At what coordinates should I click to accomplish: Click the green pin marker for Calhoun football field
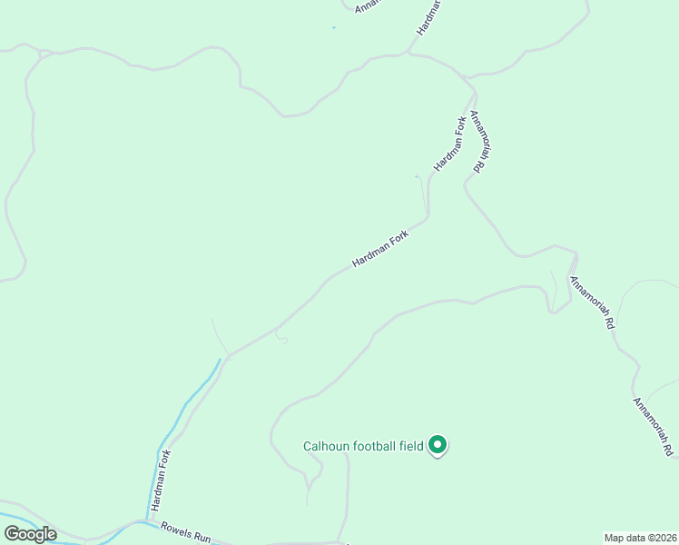pos(438,444)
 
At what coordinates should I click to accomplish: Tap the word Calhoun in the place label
pos(324,446)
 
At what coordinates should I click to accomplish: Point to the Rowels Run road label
pos(186,532)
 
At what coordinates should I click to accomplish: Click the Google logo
pos(30,533)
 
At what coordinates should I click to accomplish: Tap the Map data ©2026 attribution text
pos(640,537)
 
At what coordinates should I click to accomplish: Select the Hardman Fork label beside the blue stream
pos(160,481)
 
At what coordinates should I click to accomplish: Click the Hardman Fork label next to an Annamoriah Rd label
pos(449,144)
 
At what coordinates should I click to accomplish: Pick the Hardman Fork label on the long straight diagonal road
pos(381,248)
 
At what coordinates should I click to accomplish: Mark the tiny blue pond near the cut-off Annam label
pos(333,27)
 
